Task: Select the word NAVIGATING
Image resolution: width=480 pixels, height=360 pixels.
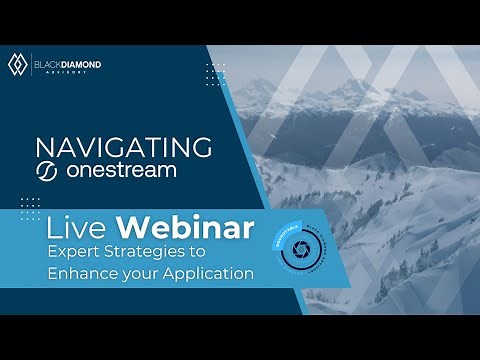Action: point(121,147)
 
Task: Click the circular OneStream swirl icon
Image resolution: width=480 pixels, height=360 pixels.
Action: point(46,171)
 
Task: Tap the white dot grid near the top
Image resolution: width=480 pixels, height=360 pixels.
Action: point(214,74)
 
